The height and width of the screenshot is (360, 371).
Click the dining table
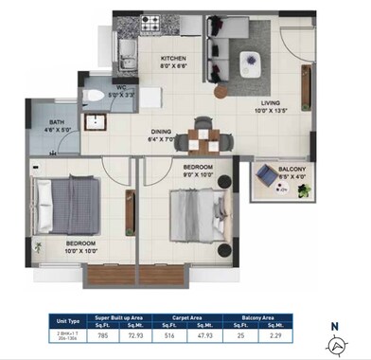click(205, 138)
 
